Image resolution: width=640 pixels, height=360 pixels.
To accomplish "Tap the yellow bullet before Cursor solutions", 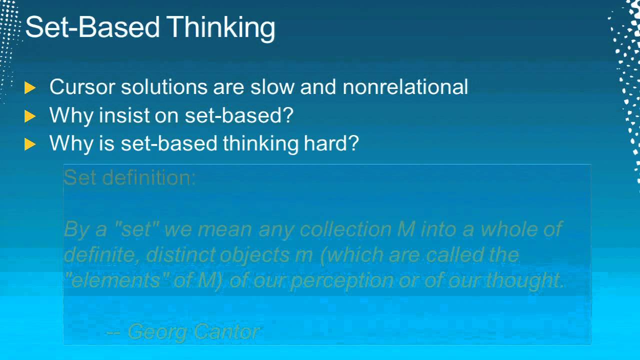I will [x=30, y=88].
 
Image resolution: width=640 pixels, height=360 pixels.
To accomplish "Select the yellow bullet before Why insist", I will [x=30, y=116].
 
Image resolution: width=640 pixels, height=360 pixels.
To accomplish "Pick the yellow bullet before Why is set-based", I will [x=30, y=144].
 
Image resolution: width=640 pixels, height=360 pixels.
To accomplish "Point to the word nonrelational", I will [x=405, y=87].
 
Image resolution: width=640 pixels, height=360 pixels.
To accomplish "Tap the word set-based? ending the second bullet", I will [x=239, y=115].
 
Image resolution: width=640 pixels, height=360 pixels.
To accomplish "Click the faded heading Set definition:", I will [x=130, y=177].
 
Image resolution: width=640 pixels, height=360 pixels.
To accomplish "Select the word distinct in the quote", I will [x=177, y=255].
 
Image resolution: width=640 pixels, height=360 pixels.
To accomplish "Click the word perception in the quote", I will [x=341, y=281].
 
